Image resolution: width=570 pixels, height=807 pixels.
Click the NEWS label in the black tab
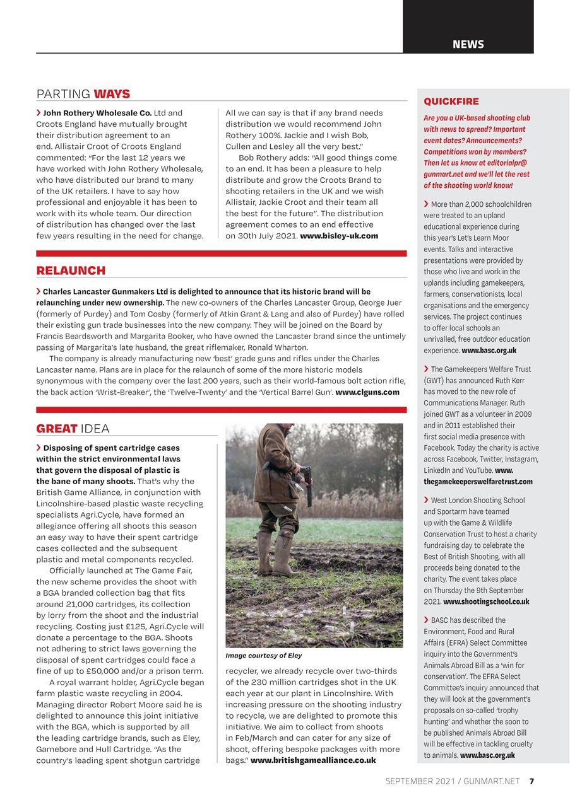click(x=468, y=44)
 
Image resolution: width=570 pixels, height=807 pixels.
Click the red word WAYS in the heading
click(x=112, y=94)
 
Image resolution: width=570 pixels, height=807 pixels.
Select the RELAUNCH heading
click(x=71, y=270)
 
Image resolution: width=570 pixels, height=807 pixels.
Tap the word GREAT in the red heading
click(x=57, y=429)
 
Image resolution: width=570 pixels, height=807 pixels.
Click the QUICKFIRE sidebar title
click(x=451, y=102)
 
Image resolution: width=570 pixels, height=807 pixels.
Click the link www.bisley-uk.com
click(x=339, y=236)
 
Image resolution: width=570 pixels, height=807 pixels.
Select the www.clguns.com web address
click(x=367, y=392)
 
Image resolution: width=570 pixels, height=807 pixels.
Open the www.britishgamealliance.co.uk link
click(x=313, y=760)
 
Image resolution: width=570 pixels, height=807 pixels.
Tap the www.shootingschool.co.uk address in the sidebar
click(x=486, y=601)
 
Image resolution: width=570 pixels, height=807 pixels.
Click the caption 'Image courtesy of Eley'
click(x=264, y=656)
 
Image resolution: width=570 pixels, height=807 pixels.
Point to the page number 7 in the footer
click(x=531, y=781)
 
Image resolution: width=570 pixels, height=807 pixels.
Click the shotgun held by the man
click(x=308, y=485)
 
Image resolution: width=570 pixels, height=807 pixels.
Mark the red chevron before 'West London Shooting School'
click(x=427, y=500)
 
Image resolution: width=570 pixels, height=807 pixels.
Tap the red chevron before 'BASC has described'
click(x=427, y=620)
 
